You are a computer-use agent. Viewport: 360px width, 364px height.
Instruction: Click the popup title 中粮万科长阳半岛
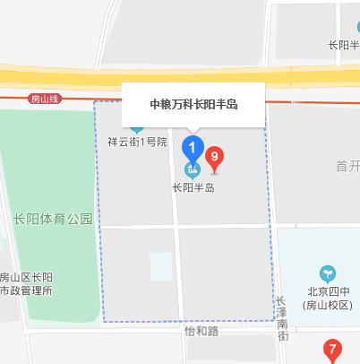click(193, 105)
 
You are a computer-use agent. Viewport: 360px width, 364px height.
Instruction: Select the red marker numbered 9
click(215, 160)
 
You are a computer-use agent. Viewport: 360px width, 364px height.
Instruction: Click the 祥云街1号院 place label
click(137, 142)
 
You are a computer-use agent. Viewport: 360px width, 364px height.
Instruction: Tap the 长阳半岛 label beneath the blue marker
click(193, 188)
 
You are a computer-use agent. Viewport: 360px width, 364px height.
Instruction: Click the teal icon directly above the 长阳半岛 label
click(192, 169)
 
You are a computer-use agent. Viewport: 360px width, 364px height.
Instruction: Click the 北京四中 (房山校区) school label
click(329, 298)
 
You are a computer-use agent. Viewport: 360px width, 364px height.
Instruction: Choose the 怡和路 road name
click(201, 330)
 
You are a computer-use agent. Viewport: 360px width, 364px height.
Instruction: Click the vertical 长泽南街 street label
click(282, 317)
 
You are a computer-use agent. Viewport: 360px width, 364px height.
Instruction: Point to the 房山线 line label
click(43, 98)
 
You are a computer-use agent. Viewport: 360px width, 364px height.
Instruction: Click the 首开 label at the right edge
click(347, 166)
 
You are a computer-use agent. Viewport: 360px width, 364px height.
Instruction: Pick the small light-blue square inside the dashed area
click(160, 265)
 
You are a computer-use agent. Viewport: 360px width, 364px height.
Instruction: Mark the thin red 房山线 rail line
click(90, 97)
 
